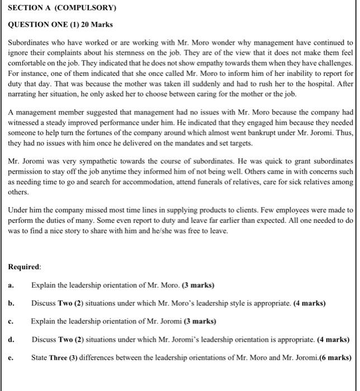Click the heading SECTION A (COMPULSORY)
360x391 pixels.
[x=62, y=8]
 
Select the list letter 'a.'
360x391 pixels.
[x=11, y=285]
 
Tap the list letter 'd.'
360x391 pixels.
[x=11, y=339]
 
